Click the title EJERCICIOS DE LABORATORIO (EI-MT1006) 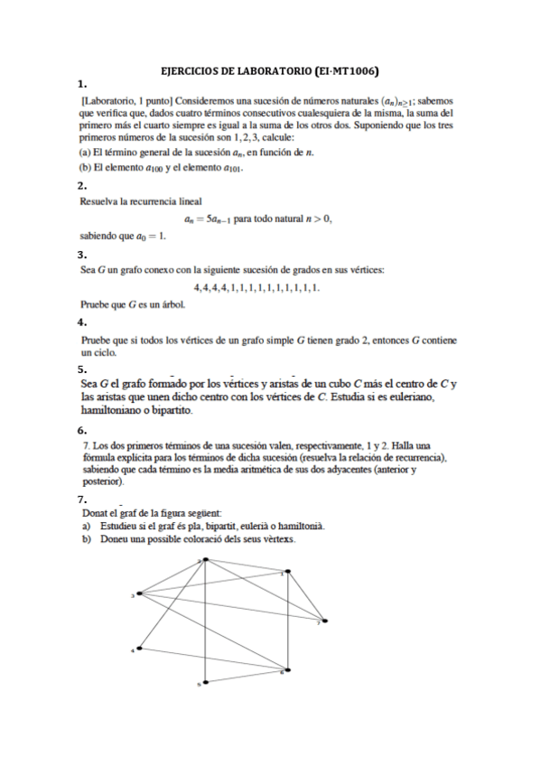[269, 70]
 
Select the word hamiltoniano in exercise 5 [112, 409]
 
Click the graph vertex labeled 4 [138, 648]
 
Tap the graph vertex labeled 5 [206, 682]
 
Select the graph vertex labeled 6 [287, 669]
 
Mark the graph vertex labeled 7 [324, 621]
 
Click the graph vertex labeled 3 [138, 594]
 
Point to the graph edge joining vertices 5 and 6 [247, 676]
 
